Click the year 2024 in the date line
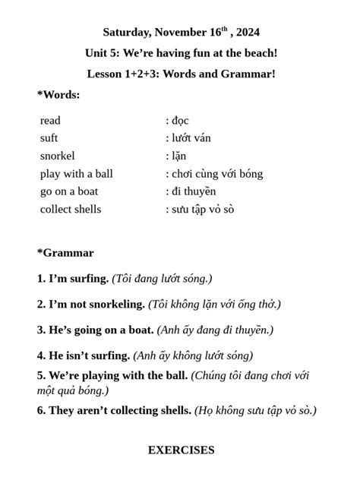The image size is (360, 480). point(246,33)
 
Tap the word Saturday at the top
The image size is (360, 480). point(128,33)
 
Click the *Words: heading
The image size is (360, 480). point(58,95)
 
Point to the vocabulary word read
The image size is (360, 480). point(50,121)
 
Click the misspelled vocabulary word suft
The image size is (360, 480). point(49,138)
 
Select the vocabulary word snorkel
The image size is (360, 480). point(57,156)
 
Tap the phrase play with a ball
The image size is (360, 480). point(76,174)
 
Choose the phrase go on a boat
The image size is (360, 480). point(69,191)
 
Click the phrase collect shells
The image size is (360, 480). point(71,209)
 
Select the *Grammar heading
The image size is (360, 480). point(65,253)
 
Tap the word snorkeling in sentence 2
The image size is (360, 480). point(118,305)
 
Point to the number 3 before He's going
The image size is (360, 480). point(40,330)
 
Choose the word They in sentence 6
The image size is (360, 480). point(63,411)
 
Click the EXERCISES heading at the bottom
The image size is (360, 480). point(181,450)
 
